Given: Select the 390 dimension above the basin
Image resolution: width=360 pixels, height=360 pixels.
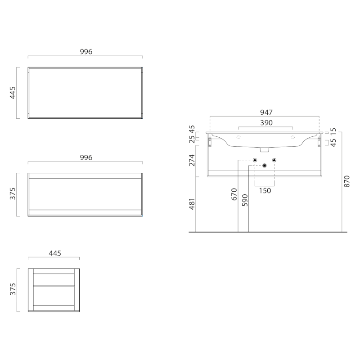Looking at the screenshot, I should [x=265, y=122].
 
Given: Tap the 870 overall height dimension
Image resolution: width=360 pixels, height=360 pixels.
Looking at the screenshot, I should [x=346, y=182].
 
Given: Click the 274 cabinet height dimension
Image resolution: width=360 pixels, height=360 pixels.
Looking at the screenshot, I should [x=192, y=160].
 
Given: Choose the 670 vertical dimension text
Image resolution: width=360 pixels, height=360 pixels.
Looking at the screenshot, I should [x=234, y=194].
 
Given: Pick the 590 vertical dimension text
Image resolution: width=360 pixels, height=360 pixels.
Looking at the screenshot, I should [x=245, y=200].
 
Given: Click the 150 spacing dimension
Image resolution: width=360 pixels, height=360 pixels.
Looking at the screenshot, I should [x=265, y=190].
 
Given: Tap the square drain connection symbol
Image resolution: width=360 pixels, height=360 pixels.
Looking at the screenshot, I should [x=265, y=166].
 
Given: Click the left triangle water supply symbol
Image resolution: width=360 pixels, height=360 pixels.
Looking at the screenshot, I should [x=255, y=160].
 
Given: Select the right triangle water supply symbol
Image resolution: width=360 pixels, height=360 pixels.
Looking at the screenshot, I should [x=274, y=160].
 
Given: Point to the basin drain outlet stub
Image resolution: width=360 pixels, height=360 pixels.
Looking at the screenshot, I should [x=265, y=149].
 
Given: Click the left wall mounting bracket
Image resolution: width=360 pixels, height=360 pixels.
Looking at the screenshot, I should [x=210, y=142].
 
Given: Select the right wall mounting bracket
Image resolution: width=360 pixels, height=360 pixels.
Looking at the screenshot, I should [x=320, y=142].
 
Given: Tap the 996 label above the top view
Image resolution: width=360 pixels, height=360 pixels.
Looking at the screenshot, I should [x=86, y=52].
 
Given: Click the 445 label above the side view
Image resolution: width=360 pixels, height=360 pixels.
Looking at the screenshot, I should [x=54, y=253].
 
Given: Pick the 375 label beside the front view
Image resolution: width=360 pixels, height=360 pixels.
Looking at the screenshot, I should [x=13, y=194].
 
